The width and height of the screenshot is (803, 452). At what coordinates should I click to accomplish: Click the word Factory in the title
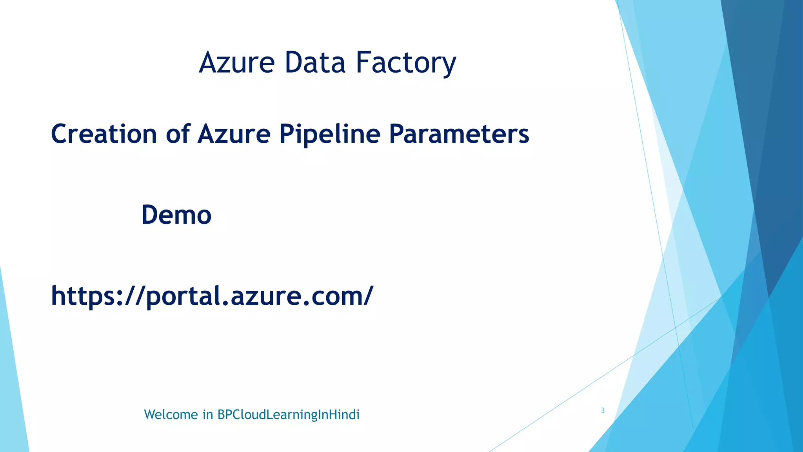tap(406, 63)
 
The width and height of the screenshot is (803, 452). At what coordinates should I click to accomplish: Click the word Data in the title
tap(315, 63)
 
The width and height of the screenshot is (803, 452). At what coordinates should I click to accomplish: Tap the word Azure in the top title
tap(237, 63)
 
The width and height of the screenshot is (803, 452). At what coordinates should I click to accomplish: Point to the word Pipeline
tap(329, 134)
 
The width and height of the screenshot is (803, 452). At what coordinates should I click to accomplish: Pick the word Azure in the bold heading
tap(234, 134)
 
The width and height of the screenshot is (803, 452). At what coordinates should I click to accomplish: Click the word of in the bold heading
tap(178, 134)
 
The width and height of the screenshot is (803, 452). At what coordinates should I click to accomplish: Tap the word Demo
tap(176, 215)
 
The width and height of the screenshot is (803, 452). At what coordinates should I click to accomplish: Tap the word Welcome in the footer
tap(171, 415)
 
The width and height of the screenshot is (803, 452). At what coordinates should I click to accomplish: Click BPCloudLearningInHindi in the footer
tap(288, 415)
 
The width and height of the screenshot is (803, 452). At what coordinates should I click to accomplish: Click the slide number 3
tap(603, 411)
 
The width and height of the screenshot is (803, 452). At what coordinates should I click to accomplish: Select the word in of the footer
tap(207, 415)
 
